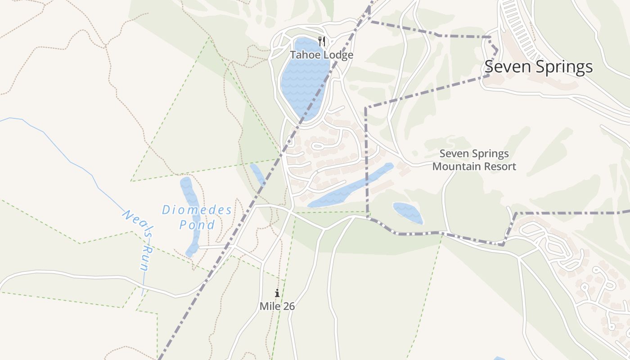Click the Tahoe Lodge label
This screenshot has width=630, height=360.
click(x=321, y=55)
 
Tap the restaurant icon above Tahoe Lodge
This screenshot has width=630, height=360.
click(x=322, y=42)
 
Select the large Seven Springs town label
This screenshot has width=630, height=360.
click(x=539, y=67)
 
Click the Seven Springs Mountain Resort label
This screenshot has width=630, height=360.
click(x=474, y=160)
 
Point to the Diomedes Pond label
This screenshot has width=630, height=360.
click(x=197, y=217)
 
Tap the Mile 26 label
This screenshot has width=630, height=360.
click(x=277, y=306)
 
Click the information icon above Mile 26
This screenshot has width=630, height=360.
click(x=277, y=293)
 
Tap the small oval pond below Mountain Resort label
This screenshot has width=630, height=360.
click(x=408, y=212)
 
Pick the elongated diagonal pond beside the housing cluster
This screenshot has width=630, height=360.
click(x=351, y=187)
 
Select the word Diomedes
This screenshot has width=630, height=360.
click(x=197, y=210)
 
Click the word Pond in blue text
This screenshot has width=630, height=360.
click(x=197, y=225)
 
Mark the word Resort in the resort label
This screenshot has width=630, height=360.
click(x=499, y=166)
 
